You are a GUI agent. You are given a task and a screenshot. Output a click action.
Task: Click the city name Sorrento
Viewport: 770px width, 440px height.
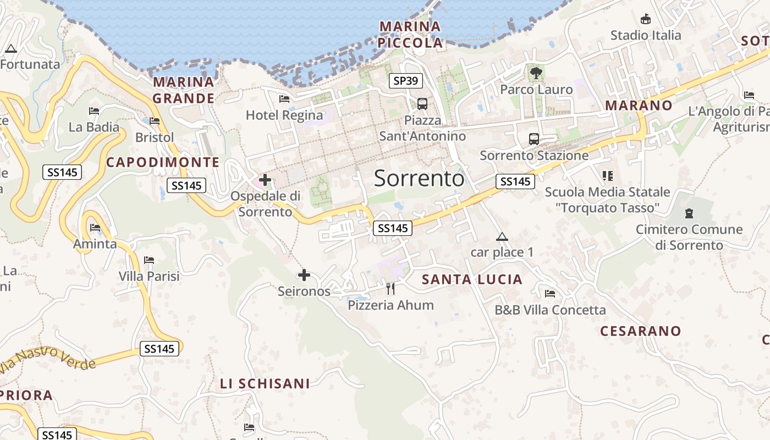(419, 178)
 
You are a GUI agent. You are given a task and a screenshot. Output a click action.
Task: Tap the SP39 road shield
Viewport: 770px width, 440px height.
(405, 81)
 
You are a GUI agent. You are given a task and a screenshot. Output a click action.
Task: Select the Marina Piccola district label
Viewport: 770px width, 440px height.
(411, 34)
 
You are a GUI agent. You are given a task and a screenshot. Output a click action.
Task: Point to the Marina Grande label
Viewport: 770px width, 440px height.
(183, 90)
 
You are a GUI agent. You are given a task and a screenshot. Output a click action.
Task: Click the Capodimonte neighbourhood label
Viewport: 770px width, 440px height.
(163, 162)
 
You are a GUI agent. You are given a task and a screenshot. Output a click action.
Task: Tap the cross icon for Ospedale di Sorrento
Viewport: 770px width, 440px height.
(265, 180)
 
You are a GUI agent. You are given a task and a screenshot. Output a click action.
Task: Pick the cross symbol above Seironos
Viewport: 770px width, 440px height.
(304, 275)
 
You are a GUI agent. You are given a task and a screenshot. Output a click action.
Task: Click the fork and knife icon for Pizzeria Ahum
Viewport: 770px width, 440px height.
(391, 288)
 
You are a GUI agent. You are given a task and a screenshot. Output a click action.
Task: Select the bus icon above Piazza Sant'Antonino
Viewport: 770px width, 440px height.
(422, 103)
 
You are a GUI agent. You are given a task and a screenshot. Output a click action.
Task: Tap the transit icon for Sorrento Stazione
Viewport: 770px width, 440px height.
(533, 139)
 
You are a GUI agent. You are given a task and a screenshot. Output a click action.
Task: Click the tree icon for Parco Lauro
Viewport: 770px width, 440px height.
(536, 73)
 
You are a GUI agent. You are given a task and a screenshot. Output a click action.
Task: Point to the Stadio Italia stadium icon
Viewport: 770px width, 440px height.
(646, 19)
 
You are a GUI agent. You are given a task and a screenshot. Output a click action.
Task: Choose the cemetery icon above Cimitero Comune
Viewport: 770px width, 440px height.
(689, 213)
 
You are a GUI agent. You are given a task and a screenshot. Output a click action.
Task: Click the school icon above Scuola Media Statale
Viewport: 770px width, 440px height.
(607, 176)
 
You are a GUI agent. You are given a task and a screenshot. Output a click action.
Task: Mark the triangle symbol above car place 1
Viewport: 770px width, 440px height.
(502, 237)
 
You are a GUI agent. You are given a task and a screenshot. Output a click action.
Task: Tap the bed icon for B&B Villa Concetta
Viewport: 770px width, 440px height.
(549, 293)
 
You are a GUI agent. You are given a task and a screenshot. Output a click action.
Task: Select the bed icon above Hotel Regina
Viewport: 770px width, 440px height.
(284, 99)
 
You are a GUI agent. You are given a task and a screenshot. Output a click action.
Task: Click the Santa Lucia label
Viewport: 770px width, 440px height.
(472, 279)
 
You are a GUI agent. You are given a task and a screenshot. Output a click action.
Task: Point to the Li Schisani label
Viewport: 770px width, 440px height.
(265, 383)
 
